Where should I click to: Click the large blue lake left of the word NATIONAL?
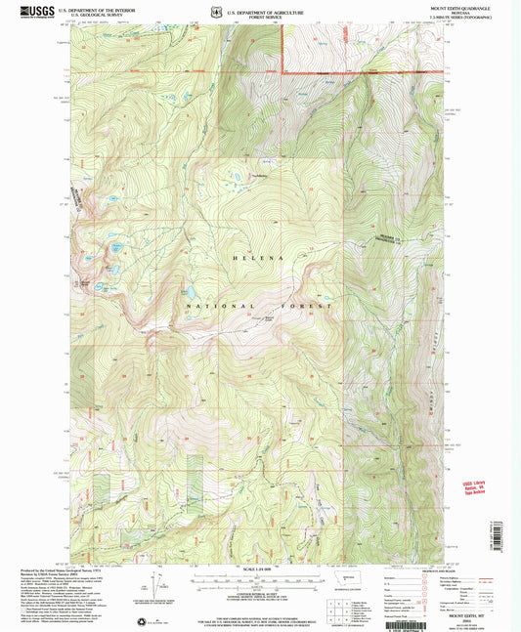190,292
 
